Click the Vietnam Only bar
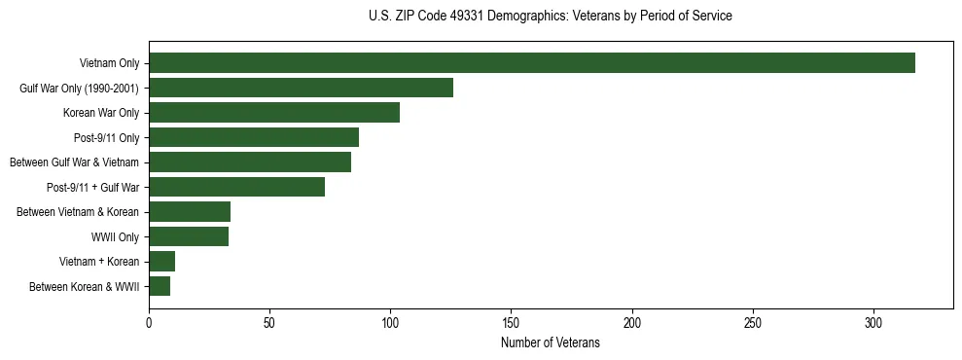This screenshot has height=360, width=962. coord(532,63)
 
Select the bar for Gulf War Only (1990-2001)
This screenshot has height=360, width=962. coord(301,88)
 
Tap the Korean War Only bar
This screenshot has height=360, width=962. coord(274,113)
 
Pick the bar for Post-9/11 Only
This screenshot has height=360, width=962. coord(254,137)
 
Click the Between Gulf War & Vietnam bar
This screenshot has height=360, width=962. coord(250,162)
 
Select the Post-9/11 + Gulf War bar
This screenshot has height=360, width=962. coord(236,187)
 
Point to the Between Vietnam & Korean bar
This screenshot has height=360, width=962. coord(190,211)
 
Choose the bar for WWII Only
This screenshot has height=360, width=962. coord(189,236)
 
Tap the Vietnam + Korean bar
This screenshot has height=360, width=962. coord(161,261)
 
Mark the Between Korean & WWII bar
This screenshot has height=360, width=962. coord(160,286)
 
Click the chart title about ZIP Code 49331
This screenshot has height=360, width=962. coord(551,17)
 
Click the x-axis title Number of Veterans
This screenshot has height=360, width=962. coord(551,343)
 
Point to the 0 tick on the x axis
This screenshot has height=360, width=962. coord(149,322)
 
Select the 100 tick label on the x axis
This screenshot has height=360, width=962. coord(390,322)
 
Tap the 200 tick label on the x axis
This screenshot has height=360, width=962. coord(632,322)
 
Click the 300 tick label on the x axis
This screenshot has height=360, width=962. coord(873,322)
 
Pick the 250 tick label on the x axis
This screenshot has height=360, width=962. coord(753,322)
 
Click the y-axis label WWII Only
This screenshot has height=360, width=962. coord(115,236)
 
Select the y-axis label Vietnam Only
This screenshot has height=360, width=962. coord(109,63)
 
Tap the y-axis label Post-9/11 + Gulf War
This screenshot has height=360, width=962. coord(93,187)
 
